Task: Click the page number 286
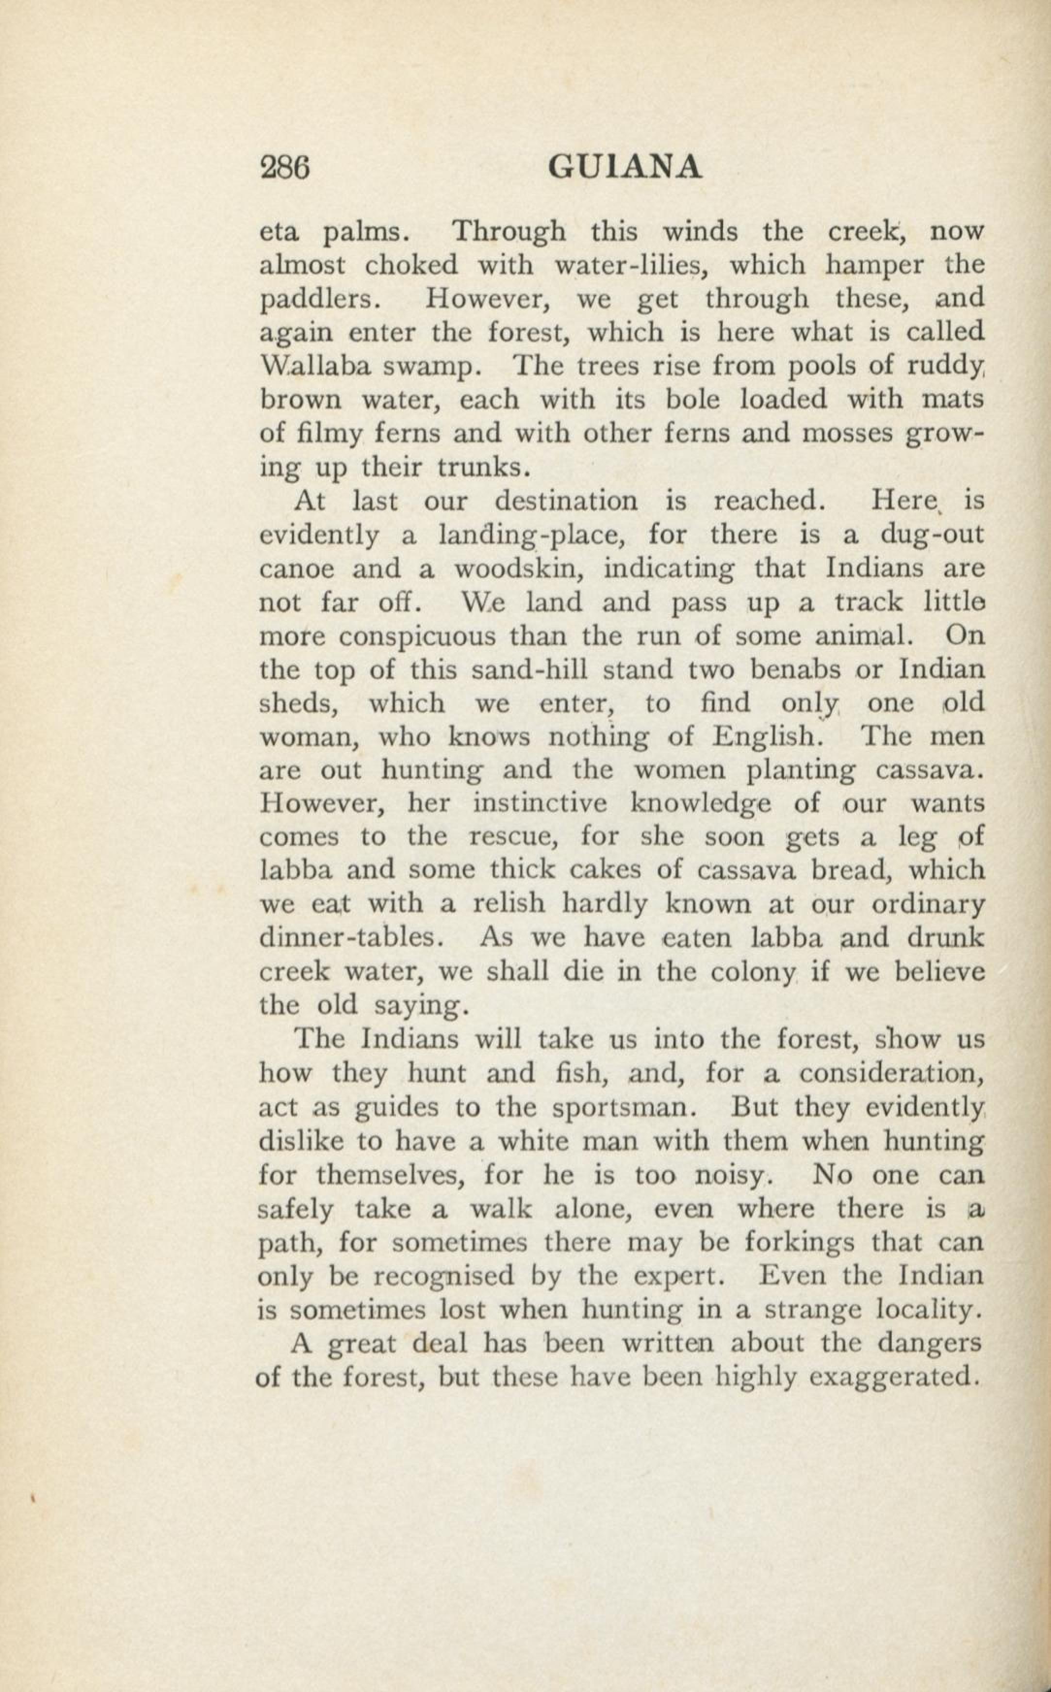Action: (x=284, y=168)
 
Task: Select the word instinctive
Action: (x=542, y=804)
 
